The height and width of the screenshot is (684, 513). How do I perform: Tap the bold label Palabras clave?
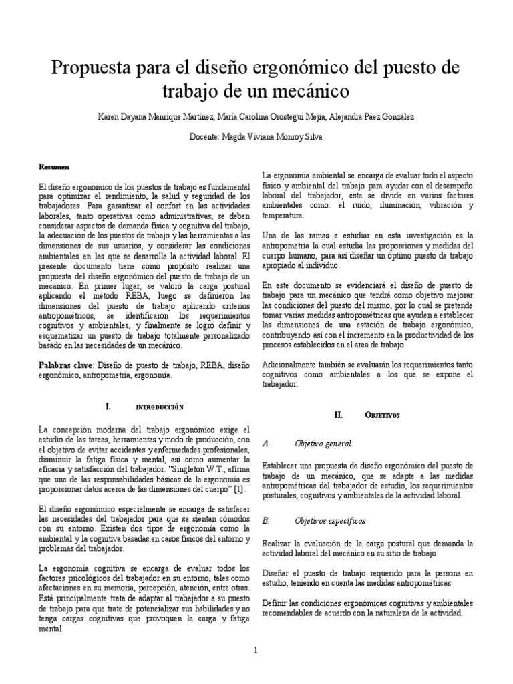click(67, 366)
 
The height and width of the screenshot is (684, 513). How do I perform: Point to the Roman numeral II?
click(338, 415)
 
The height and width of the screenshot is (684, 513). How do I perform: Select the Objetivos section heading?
click(382, 415)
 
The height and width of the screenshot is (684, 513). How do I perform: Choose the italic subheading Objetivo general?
click(323, 444)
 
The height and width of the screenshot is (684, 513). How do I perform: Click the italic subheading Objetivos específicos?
click(329, 520)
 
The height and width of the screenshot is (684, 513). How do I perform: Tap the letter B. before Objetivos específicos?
click(266, 520)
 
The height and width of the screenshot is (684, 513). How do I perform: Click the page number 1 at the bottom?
click(256, 650)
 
